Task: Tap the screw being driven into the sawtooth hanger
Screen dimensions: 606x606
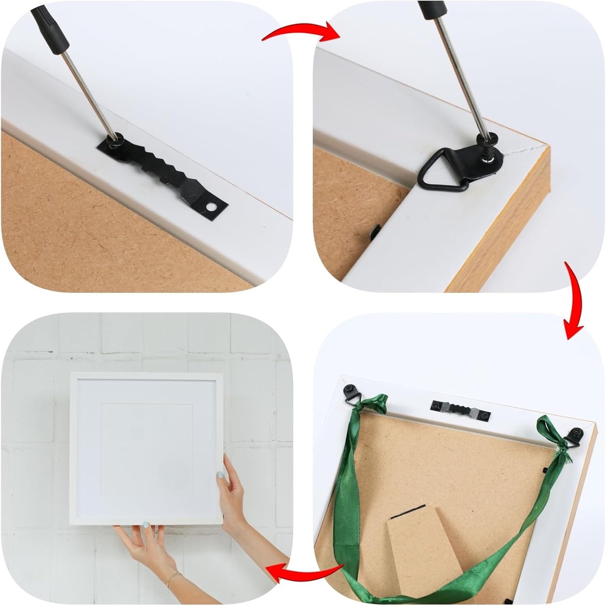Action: pos(115,141)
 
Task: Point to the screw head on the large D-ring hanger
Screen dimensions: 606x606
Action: pos(489,141)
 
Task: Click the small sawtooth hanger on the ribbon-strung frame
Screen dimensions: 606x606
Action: pos(460,410)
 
